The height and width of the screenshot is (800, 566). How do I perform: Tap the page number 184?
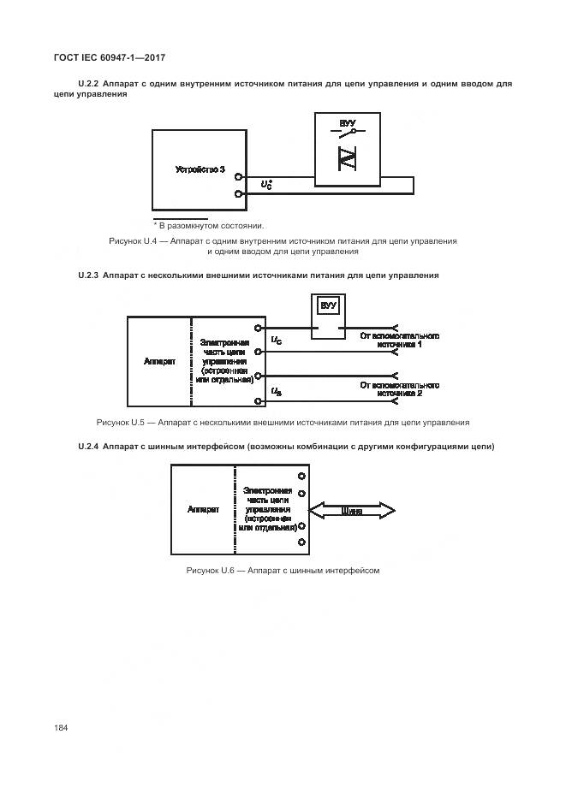(61, 727)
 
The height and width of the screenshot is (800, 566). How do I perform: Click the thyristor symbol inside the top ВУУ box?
(348, 160)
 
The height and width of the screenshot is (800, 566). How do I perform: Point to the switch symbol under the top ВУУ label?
(347, 137)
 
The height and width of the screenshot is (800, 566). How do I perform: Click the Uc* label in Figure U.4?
(266, 184)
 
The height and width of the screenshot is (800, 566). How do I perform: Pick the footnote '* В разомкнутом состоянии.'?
(209, 226)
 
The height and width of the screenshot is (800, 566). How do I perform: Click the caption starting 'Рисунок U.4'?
(283, 246)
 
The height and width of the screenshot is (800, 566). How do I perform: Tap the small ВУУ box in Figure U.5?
(326, 306)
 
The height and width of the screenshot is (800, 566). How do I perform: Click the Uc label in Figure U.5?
(277, 341)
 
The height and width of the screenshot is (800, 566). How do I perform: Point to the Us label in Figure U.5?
(277, 391)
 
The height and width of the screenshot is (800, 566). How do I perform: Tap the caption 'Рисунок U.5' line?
(283, 422)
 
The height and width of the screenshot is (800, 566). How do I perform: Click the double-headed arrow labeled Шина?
(350, 511)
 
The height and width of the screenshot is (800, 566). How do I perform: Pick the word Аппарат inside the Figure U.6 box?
(203, 509)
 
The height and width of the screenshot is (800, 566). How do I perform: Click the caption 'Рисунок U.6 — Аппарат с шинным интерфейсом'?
(283, 570)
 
